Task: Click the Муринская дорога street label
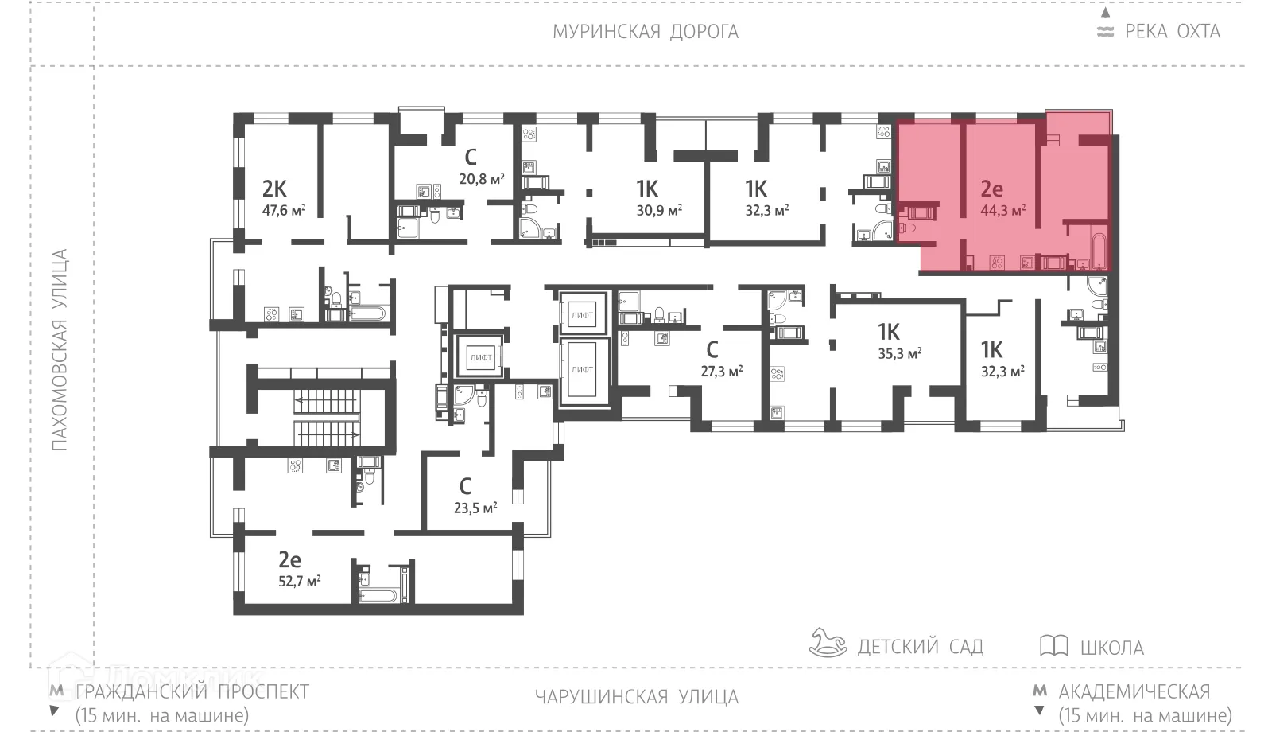click(x=646, y=32)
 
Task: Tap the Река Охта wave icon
click(x=1105, y=33)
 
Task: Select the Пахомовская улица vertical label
click(x=60, y=350)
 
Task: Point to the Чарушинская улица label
click(x=636, y=697)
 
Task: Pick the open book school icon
click(x=1053, y=645)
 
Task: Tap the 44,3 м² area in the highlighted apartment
click(x=1002, y=211)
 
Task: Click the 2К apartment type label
click(x=274, y=189)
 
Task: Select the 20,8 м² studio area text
click(x=482, y=179)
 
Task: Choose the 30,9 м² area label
click(x=660, y=211)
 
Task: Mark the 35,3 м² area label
click(x=899, y=353)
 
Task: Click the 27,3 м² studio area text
click(x=721, y=371)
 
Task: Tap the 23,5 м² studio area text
click(x=475, y=508)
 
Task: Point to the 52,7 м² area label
click(x=299, y=581)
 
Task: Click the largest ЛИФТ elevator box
click(x=582, y=371)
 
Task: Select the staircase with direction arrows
click(x=326, y=417)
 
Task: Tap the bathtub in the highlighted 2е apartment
click(x=1099, y=251)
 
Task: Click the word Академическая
click(x=1134, y=691)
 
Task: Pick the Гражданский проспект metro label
click(x=192, y=691)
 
